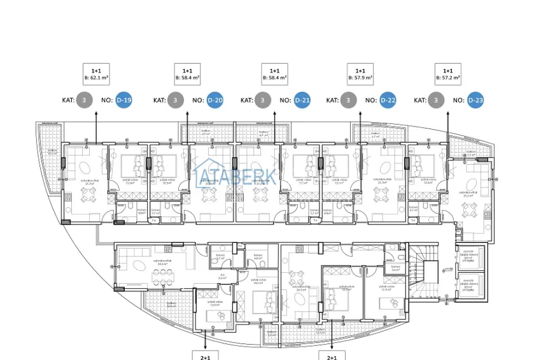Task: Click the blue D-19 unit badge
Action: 123,100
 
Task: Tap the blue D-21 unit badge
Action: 302,100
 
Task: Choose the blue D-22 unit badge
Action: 388,100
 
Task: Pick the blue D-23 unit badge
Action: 475,100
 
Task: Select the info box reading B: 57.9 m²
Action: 360,75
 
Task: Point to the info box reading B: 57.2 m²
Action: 447,75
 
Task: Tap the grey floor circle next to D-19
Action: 84,100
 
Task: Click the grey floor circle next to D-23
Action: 436,100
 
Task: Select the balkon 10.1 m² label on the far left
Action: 52,152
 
